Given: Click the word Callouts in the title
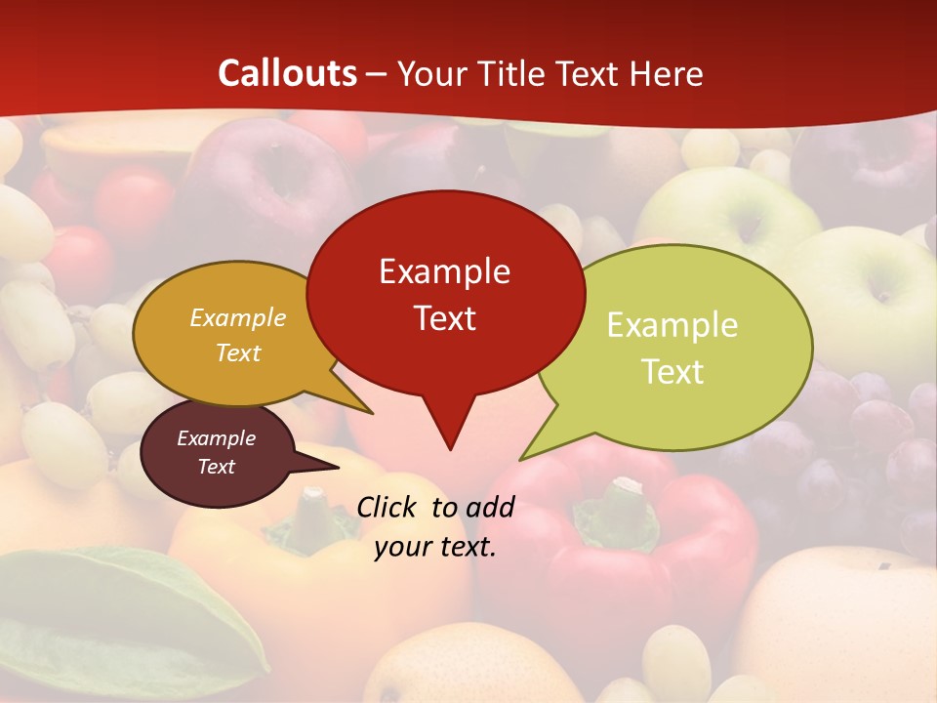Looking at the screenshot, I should (x=287, y=73).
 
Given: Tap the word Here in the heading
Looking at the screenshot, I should (x=666, y=73).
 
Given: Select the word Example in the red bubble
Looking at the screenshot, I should (x=444, y=271).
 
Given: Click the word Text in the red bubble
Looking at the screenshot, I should (x=444, y=318).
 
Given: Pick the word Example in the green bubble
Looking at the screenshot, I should (x=672, y=325).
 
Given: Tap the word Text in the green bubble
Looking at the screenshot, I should (x=672, y=372).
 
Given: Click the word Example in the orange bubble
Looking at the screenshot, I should (x=237, y=318).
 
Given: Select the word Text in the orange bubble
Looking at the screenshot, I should (x=237, y=352).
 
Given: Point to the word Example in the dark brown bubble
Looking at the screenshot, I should (x=216, y=438).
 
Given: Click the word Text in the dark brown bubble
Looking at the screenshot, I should (x=216, y=467).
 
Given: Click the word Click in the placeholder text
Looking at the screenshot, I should (x=388, y=507).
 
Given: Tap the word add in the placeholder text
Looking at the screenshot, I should (x=489, y=507).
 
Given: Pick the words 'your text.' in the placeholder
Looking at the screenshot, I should (x=434, y=547).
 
